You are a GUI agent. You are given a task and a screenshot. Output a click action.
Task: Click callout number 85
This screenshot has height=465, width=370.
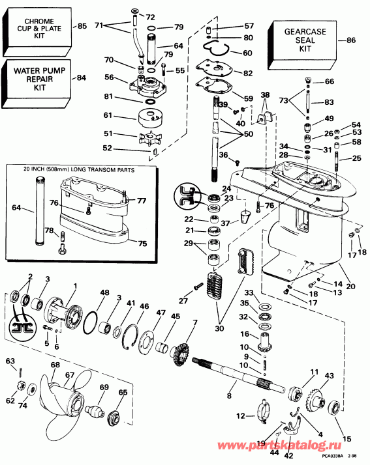click(x=82, y=27)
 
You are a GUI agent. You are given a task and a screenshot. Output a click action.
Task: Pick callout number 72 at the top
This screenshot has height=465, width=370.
click(x=151, y=16)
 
